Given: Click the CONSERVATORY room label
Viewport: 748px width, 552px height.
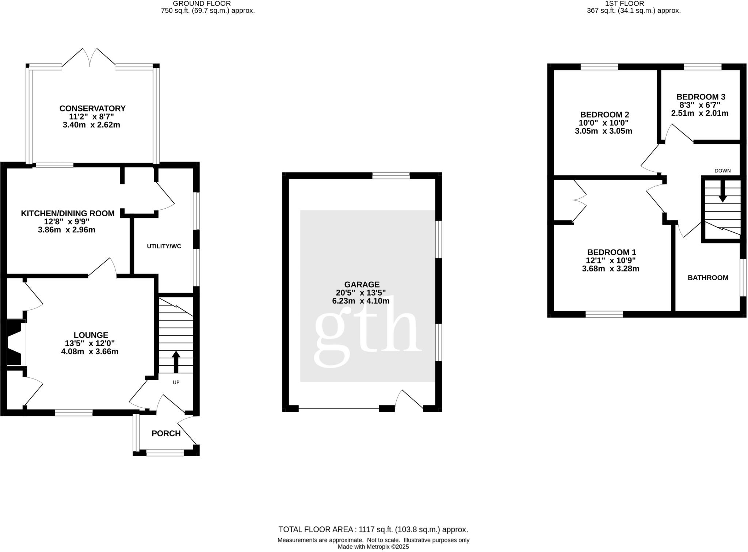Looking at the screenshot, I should (x=92, y=109).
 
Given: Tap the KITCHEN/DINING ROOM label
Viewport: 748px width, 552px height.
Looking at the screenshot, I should (x=68, y=213).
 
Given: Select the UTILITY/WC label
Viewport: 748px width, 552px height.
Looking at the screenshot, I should (x=164, y=246).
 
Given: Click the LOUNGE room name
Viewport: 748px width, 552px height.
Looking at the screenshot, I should (x=91, y=335).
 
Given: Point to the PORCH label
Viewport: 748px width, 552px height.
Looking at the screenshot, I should (x=166, y=433).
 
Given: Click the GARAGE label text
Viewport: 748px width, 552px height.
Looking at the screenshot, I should (x=362, y=284).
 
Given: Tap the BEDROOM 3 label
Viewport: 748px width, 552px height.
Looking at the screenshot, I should (x=701, y=97).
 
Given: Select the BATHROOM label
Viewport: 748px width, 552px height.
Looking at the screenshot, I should (x=708, y=278).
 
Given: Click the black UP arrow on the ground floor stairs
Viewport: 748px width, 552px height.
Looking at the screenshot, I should (x=176, y=362).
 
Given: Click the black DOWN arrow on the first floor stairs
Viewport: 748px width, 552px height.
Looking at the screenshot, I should (x=722, y=194).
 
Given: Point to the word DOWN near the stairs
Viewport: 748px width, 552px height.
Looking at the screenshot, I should (x=722, y=171).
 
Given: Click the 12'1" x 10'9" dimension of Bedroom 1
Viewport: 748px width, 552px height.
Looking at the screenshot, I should (x=611, y=260).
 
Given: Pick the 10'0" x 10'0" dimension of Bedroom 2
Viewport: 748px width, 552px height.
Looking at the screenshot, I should (x=603, y=123).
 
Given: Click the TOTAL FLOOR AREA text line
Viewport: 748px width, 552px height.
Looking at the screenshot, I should (x=373, y=529).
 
